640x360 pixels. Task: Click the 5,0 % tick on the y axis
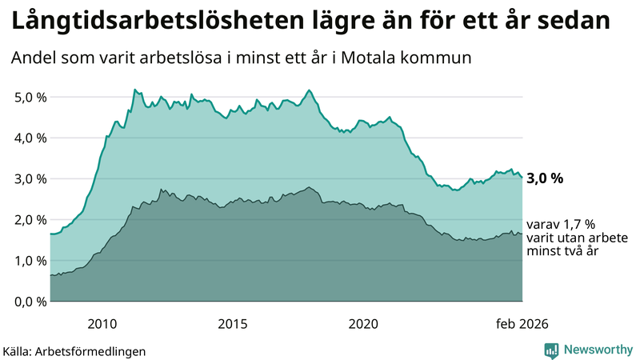(29, 98)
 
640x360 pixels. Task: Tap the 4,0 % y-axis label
(29, 138)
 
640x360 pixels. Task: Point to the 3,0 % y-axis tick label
(29, 179)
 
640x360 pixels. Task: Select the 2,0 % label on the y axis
(29, 220)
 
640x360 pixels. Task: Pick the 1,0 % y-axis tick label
(29, 261)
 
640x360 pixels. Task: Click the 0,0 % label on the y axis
(29, 302)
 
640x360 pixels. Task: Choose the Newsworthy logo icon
(552, 350)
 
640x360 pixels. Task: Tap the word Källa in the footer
(18, 351)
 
